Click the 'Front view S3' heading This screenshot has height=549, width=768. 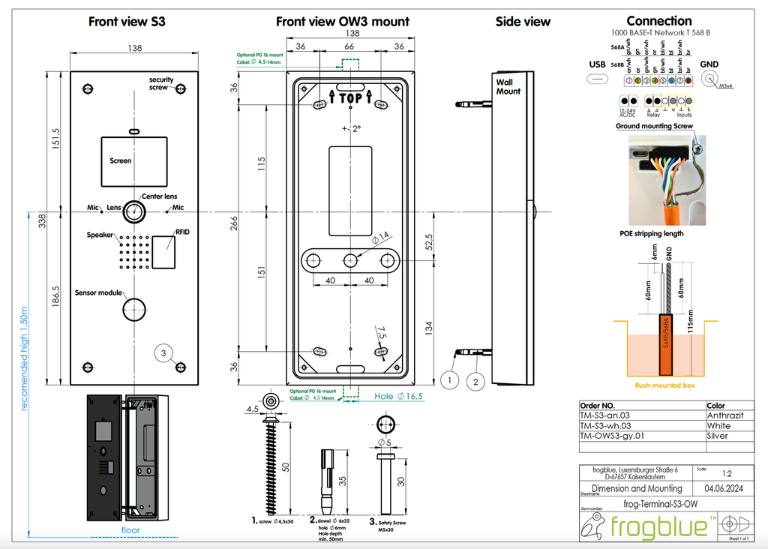[127, 22]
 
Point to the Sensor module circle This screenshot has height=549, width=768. [136, 307]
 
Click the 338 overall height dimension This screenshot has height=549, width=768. [43, 220]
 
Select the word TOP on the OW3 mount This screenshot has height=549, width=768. [350, 98]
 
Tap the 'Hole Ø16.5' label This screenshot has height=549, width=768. [398, 396]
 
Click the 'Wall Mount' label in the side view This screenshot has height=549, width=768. [508, 86]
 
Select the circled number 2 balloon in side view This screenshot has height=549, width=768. [476, 381]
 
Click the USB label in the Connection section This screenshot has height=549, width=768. [597, 64]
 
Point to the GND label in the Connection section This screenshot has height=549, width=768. [709, 64]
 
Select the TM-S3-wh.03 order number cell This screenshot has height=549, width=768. [611, 425]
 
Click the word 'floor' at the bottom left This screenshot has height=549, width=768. [130, 530]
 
